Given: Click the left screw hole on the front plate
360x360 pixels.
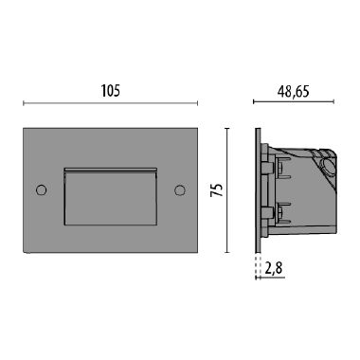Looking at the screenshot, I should coord(41,190).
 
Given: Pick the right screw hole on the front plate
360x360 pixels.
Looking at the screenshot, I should coord(179,190).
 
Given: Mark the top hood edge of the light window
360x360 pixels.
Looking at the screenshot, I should coord(110,169).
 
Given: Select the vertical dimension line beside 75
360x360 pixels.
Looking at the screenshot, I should coord(227,189).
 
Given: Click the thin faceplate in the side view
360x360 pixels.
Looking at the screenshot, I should coord(258,189).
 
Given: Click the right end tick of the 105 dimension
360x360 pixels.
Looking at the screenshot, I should coord(200,104).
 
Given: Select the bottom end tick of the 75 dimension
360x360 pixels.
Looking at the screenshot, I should coord(227,252).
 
